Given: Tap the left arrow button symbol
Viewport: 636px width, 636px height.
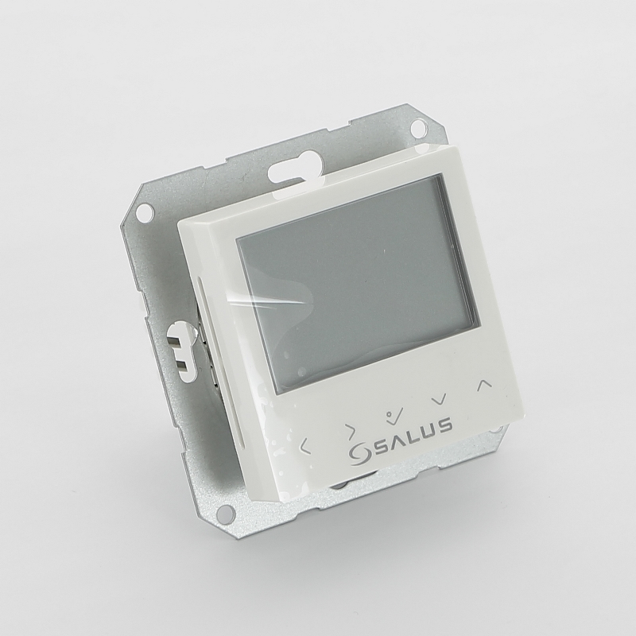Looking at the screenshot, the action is tap(304, 445).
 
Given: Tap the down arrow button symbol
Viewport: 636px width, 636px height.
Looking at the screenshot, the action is tap(439, 401).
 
